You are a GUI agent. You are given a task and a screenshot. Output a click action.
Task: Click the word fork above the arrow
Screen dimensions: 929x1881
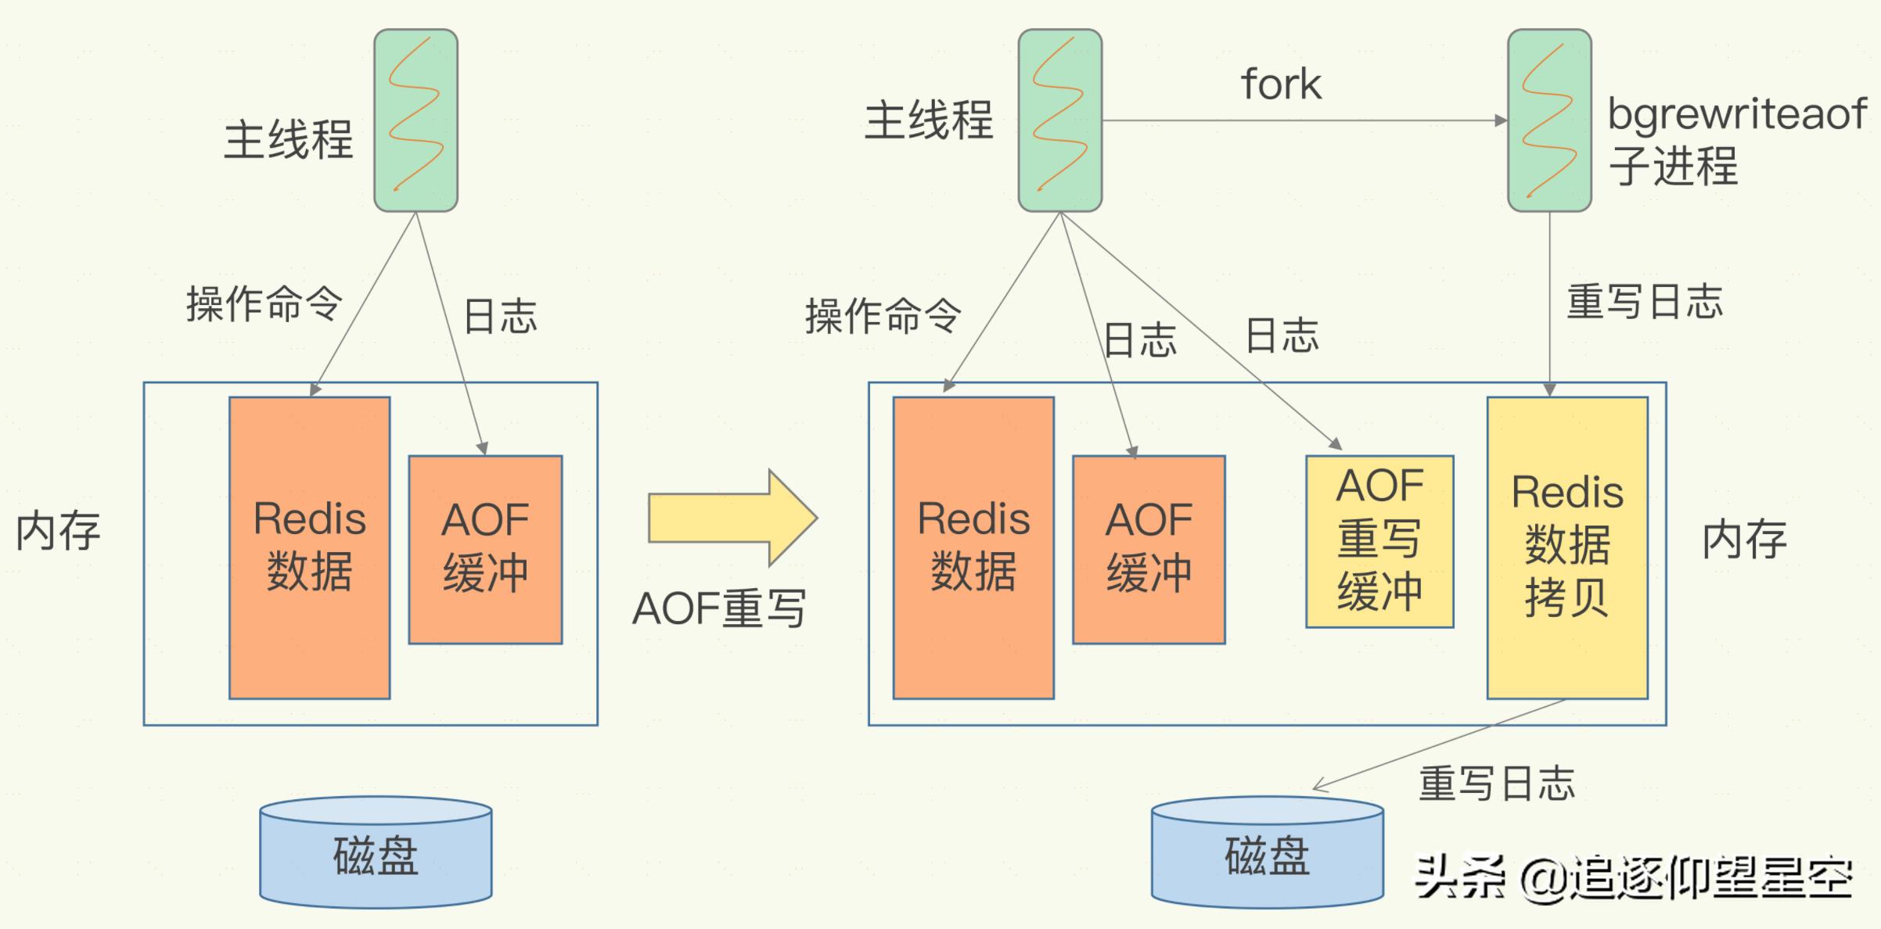click(x=1281, y=84)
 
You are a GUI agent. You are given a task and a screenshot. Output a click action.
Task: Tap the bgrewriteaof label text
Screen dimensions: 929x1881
click(x=1736, y=114)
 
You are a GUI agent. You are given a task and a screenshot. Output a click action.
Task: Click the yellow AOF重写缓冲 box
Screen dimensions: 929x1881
click(x=1379, y=541)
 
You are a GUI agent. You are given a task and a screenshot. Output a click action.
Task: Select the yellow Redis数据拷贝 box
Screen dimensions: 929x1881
click(x=1567, y=547)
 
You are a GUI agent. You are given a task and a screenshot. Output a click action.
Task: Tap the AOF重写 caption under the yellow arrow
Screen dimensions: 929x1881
click(x=718, y=608)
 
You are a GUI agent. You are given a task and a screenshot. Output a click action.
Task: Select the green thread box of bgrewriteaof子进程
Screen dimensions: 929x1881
click(x=1549, y=120)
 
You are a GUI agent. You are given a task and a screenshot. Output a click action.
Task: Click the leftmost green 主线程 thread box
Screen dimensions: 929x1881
click(x=415, y=120)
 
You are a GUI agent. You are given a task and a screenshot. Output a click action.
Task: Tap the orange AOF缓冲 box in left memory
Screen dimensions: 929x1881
click(x=485, y=549)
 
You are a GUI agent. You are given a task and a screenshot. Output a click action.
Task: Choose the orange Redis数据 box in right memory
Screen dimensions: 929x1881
click(x=973, y=547)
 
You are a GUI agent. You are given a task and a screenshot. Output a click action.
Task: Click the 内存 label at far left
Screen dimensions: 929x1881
click(x=59, y=532)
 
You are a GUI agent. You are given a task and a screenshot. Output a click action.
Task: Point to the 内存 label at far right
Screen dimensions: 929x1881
click(x=1744, y=540)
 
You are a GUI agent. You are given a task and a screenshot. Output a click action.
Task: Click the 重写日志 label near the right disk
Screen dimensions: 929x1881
click(x=1496, y=784)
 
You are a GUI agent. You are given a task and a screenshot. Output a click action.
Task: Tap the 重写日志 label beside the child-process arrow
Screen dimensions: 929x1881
click(x=1644, y=302)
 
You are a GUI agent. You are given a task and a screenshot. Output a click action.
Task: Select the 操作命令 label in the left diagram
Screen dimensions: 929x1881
click(x=264, y=303)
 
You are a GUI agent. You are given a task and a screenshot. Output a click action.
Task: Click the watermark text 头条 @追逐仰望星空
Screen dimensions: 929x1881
click(x=1634, y=877)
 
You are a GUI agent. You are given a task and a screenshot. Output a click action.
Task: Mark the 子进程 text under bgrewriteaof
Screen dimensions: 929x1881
click(x=1673, y=166)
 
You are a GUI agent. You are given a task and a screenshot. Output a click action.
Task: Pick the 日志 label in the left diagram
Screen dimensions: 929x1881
click(x=500, y=316)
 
